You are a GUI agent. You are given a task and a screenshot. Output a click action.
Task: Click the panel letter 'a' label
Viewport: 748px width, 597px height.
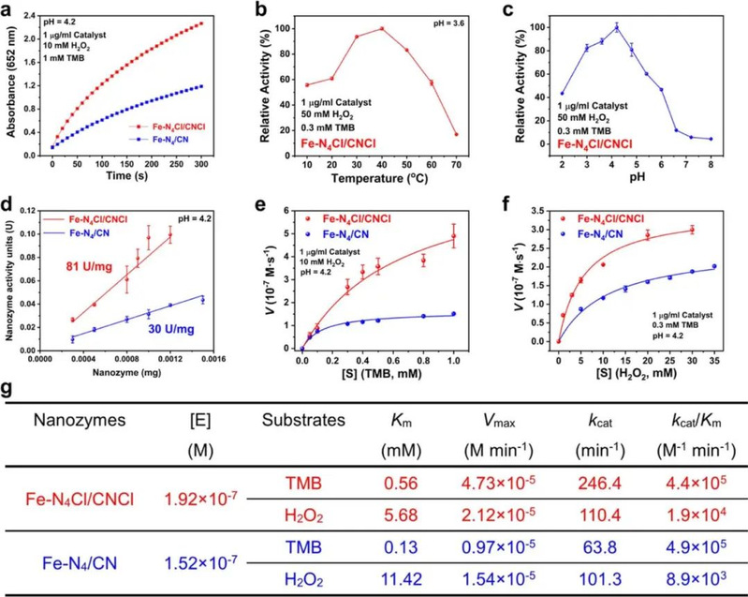(x=8, y=8)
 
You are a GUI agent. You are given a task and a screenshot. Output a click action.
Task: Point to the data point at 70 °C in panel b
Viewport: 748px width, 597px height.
(x=457, y=134)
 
